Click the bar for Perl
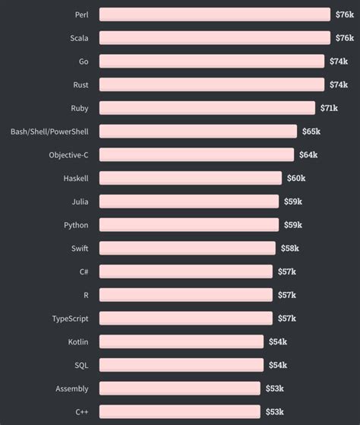click(x=215, y=14)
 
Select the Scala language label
click(x=79, y=38)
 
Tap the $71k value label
click(x=329, y=108)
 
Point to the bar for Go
click(x=211, y=62)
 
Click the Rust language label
click(x=81, y=84)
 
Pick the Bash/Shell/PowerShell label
click(x=49, y=132)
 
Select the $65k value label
click(x=311, y=132)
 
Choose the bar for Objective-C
click(x=197, y=155)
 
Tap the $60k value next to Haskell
click(x=295, y=178)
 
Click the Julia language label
click(x=80, y=201)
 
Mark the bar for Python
click(x=189, y=225)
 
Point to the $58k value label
click(x=289, y=248)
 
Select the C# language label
click(x=84, y=271)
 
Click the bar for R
click(x=186, y=295)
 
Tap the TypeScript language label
click(x=70, y=319)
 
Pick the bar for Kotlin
click(x=182, y=341)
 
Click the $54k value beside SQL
click(x=277, y=365)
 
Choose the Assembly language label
click(x=71, y=389)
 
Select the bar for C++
click(x=178, y=411)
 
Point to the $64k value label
click(x=308, y=155)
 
